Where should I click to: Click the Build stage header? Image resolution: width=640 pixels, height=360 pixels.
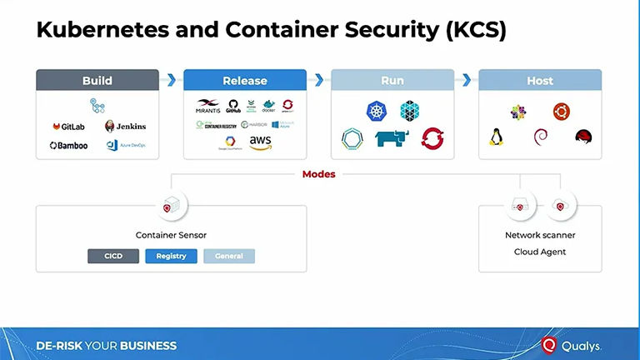[x=97, y=80]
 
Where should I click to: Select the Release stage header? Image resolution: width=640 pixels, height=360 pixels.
[x=245, y=80]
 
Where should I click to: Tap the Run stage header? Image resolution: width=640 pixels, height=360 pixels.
[x=392, y=80]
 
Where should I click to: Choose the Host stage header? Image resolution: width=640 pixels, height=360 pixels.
[x=540, y=80]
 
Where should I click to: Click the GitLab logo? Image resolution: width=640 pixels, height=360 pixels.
[x=68, y=127]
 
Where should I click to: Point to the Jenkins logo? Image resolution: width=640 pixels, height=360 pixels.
[x=125, y=127]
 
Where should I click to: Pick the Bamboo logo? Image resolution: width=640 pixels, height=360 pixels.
[x=68, y=145]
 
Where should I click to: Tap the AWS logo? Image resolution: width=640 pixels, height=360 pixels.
[x=260, y=142]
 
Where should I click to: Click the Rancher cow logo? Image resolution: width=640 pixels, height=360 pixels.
[x=392, y=138]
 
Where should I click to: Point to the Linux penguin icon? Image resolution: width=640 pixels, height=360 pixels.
[x=497, y=137]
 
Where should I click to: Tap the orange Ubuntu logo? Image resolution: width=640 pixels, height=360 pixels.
[x=561, y=110]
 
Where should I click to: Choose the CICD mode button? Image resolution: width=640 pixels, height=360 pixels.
[x=113, y=256]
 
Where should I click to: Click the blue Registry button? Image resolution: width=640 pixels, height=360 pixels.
[x=171, y=256]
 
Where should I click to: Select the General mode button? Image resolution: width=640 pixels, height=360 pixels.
[x=229, y=256]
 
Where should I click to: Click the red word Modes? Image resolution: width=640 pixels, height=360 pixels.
[x=319, y=174]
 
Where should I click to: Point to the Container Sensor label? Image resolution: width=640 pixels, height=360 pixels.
[x=171, y=235]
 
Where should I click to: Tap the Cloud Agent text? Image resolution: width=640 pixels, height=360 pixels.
[x=540, y=252]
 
